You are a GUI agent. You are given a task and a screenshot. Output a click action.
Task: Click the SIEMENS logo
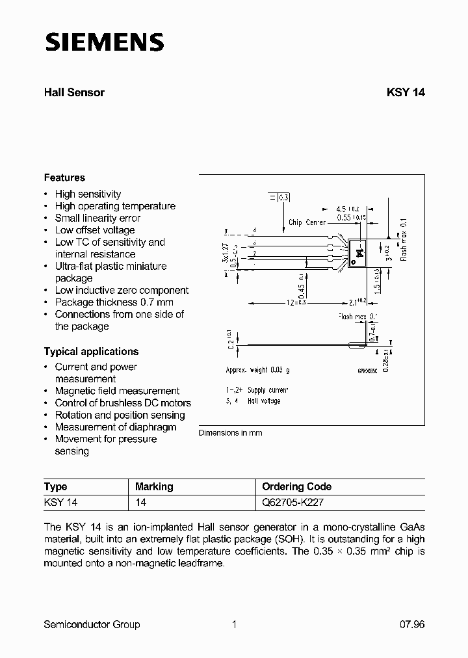(103, 42)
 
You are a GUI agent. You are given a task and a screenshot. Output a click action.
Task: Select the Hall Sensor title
(74, 92)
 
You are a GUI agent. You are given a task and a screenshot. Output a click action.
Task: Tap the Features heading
(64, 178)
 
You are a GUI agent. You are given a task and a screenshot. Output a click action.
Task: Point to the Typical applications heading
(91, 352)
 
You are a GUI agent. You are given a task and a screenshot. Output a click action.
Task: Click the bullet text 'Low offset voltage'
(95, 230)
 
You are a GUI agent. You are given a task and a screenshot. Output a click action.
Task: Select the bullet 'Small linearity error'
(97, 218)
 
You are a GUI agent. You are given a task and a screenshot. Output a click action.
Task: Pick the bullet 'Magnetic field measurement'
(117, 391)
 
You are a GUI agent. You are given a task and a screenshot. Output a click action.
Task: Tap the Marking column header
(154, 486)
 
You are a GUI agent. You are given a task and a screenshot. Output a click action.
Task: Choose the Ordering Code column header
(296, 486)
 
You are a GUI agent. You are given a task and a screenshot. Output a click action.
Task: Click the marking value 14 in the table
(141, 502)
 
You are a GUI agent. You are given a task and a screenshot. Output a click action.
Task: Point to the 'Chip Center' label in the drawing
(307, 222)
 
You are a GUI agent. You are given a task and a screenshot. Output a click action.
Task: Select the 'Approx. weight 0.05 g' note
(257, 369)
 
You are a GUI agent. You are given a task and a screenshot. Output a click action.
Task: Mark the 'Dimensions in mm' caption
(230, 433)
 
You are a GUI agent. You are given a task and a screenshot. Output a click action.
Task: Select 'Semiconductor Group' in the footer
(92, 624)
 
